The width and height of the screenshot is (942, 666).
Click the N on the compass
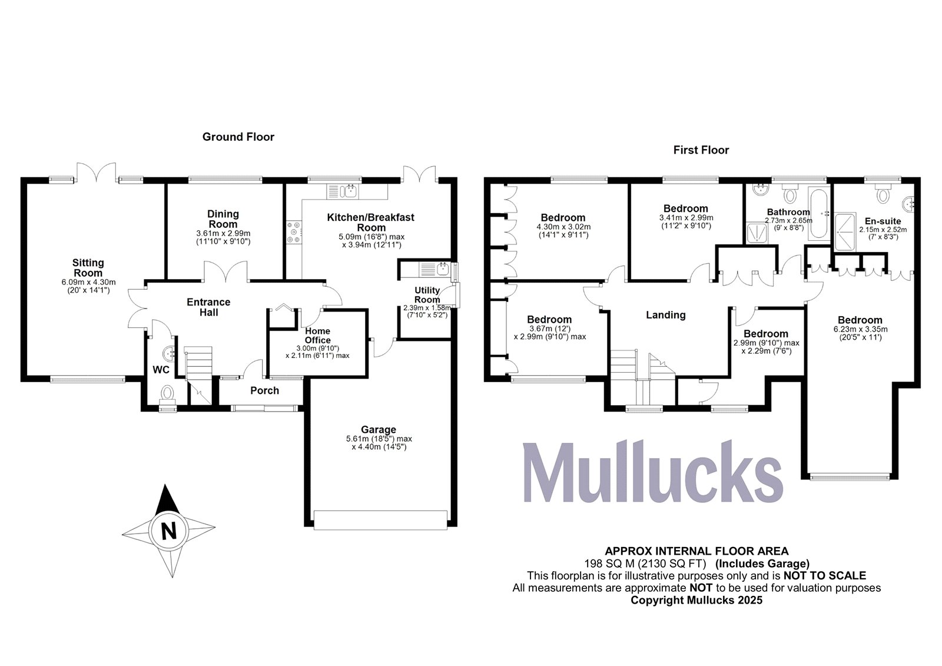169,532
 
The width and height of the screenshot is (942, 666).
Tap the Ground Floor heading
238,137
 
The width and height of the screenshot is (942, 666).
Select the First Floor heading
701,150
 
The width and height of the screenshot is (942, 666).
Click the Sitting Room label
88,268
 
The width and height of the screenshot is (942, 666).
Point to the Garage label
379,430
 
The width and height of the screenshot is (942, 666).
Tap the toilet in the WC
168,393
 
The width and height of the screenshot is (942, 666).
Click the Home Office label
317,336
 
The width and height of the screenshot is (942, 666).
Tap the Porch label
264,390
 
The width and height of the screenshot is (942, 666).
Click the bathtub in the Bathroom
819,213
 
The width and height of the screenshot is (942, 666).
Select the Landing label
665,315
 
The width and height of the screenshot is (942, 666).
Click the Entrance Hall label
208,307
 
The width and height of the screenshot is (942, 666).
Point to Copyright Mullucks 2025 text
696,600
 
